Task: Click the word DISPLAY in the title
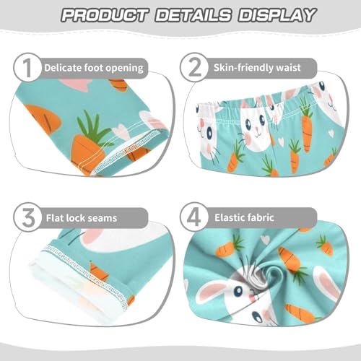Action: point(279,14)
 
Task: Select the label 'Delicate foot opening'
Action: point(94,69)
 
